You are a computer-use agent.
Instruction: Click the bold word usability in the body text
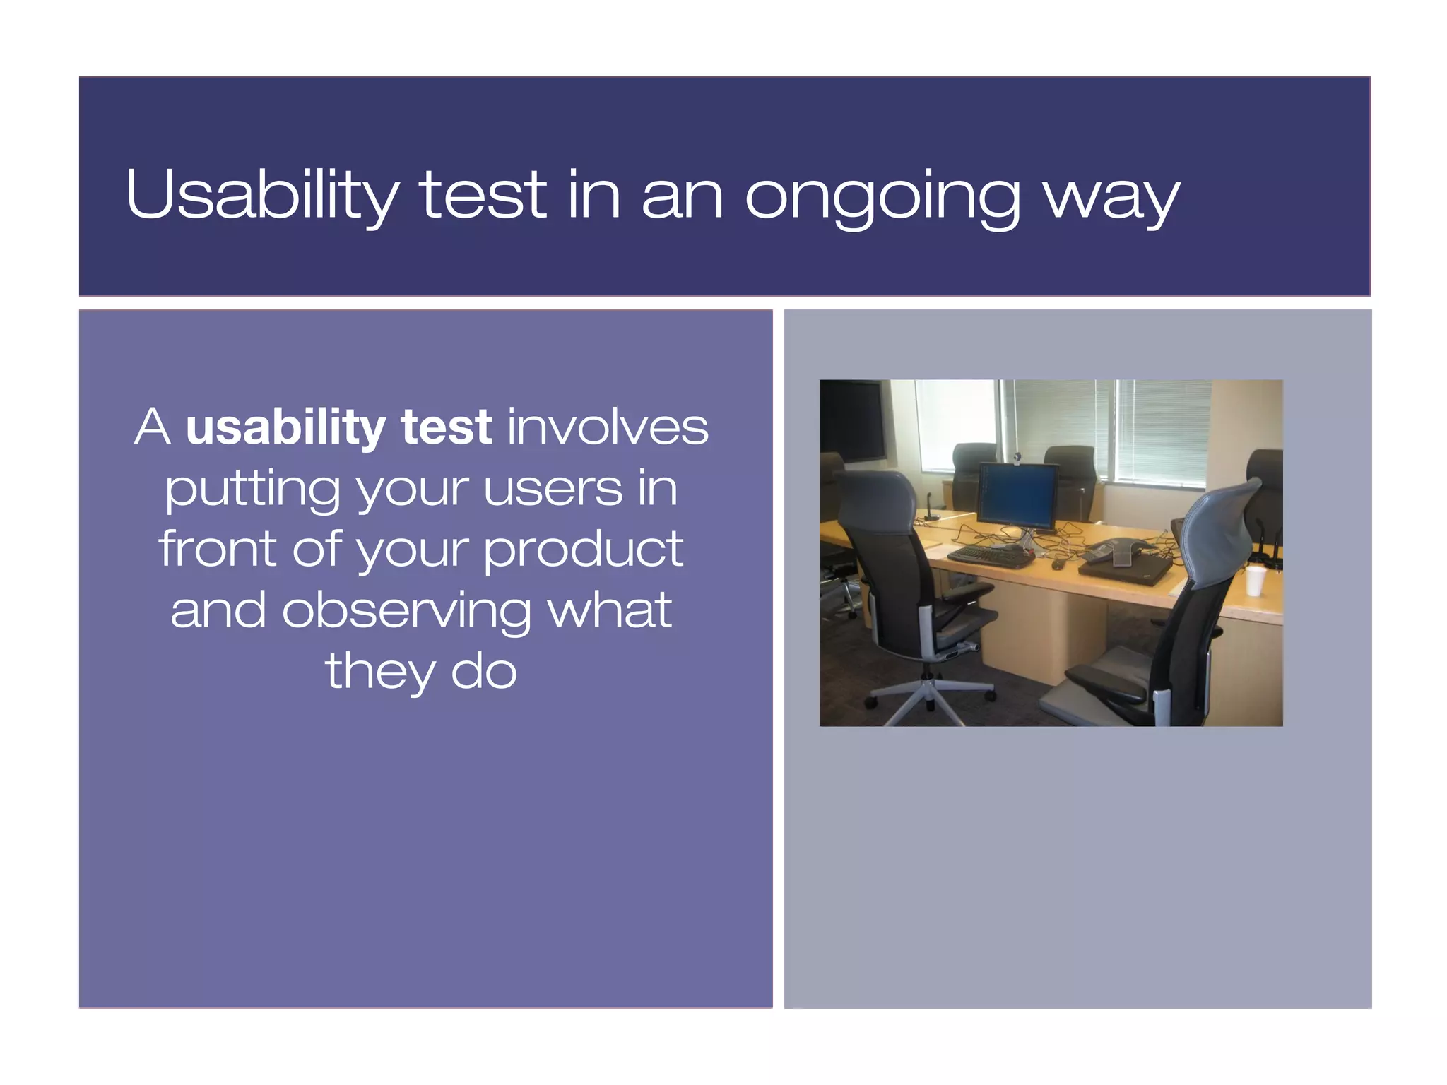point(285,429)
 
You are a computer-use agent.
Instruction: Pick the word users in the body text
point(553,489)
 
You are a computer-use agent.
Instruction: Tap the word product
point(584,550)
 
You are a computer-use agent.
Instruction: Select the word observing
point(406,611)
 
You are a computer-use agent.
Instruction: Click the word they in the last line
point(379,672)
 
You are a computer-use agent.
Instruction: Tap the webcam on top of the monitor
point(1018,458)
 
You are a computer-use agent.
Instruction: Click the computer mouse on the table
point(1058,564)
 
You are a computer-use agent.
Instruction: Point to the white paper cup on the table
point(1255,580)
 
